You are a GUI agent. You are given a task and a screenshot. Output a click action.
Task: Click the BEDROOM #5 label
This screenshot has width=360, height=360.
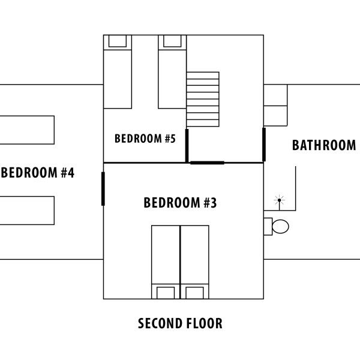[145, 139]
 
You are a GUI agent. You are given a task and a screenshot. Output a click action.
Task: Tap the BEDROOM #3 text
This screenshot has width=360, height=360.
[180, 203]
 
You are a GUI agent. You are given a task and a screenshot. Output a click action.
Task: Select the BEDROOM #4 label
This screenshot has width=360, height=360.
[37, 173]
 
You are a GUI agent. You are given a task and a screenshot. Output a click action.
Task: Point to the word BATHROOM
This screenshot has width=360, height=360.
[324, 145]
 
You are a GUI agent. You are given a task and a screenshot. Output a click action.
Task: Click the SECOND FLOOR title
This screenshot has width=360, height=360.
[180, 324]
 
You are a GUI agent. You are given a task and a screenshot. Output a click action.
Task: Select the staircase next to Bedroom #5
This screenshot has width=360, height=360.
[203, 99]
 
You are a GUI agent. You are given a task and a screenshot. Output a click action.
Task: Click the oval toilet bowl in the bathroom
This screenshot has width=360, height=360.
[280, 226]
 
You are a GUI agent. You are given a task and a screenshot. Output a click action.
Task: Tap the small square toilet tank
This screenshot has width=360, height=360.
[268, 226]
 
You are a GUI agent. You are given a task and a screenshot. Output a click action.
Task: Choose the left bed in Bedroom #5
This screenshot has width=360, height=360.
[118, 72]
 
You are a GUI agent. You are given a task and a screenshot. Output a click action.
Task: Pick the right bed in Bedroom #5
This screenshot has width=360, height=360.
[172, 72]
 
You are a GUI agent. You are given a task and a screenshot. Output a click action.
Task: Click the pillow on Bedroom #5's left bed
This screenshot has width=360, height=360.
[118, 41]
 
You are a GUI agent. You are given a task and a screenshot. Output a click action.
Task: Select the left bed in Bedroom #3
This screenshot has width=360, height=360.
[166, 262]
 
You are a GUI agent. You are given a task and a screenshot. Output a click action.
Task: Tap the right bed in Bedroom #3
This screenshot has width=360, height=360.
[194, 262]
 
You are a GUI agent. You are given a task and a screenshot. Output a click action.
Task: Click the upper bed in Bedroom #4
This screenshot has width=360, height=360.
[27, 130]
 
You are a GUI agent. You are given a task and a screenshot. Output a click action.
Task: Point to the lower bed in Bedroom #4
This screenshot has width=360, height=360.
[27, 210]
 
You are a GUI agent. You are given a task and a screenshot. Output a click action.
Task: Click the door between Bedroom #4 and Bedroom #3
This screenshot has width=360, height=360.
[103, 188]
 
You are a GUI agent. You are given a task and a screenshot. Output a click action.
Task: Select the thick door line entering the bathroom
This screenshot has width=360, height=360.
[263, 144]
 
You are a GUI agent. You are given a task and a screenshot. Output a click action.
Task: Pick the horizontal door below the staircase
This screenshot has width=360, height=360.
[207, 163]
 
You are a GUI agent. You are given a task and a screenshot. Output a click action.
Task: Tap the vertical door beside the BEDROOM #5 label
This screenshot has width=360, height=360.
[187, 145]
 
